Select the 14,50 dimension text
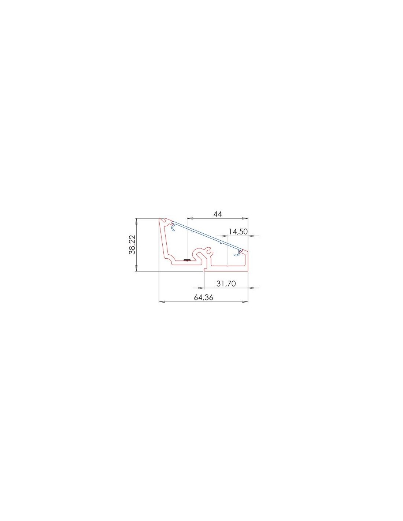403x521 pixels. [238, 232]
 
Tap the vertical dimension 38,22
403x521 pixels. [132, 244]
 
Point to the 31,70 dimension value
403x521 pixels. [226, 284]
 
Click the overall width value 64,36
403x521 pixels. [203, 297]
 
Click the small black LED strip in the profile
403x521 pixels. [186, 260]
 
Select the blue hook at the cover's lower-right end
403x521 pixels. [238, 253]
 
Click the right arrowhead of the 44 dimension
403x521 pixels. [245, 218]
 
